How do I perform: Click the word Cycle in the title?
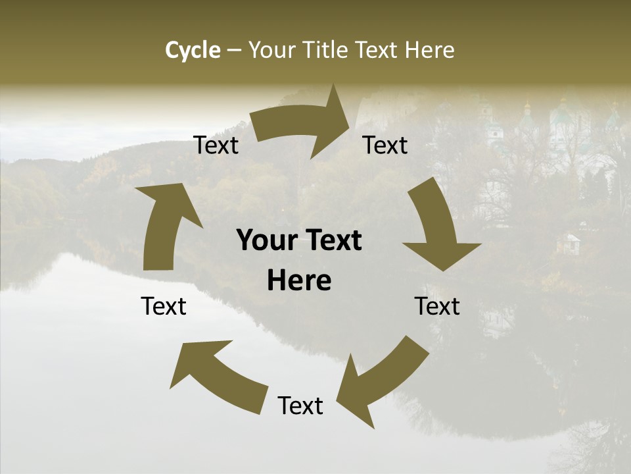pyautogui.click(x=193, y=50)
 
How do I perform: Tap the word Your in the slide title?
pyautogui.click(x=271, y=50)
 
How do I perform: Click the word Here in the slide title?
pyautogui.click(x=429, y=50)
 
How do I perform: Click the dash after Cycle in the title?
pyautogui.click(x=234, y=51)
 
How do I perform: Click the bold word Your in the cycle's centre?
pyautogui.click(x=268, y=241)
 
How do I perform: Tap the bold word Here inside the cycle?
pyautogui.click(x=299, y=281)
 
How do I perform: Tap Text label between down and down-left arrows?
pyautogui.click(x=437, y=306)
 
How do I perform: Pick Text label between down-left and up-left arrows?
pyautogui.click(x=300, y=406)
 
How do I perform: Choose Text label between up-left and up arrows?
pyautogui.click(x=164, y=306)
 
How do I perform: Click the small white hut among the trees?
pyautogui.click(x=568, y=244)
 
